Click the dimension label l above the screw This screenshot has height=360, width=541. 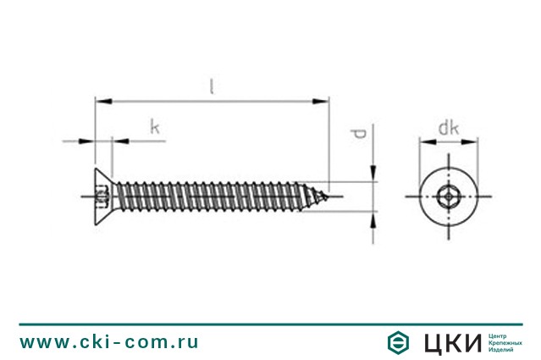click(x=212, y=86)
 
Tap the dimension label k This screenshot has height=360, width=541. click(x=155, y=127)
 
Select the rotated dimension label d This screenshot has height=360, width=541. click(x=359, y=134)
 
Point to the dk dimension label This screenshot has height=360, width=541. click(x=449, y=128)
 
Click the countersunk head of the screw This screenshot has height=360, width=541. click(x=103, y=197)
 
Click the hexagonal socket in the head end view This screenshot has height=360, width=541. click(x=448, y=197)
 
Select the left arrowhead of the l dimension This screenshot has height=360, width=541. click(x=103, y=101)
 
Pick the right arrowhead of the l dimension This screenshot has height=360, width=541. click(x=321, y=101)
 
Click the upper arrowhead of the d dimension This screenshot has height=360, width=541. click(x=373, y=174)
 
